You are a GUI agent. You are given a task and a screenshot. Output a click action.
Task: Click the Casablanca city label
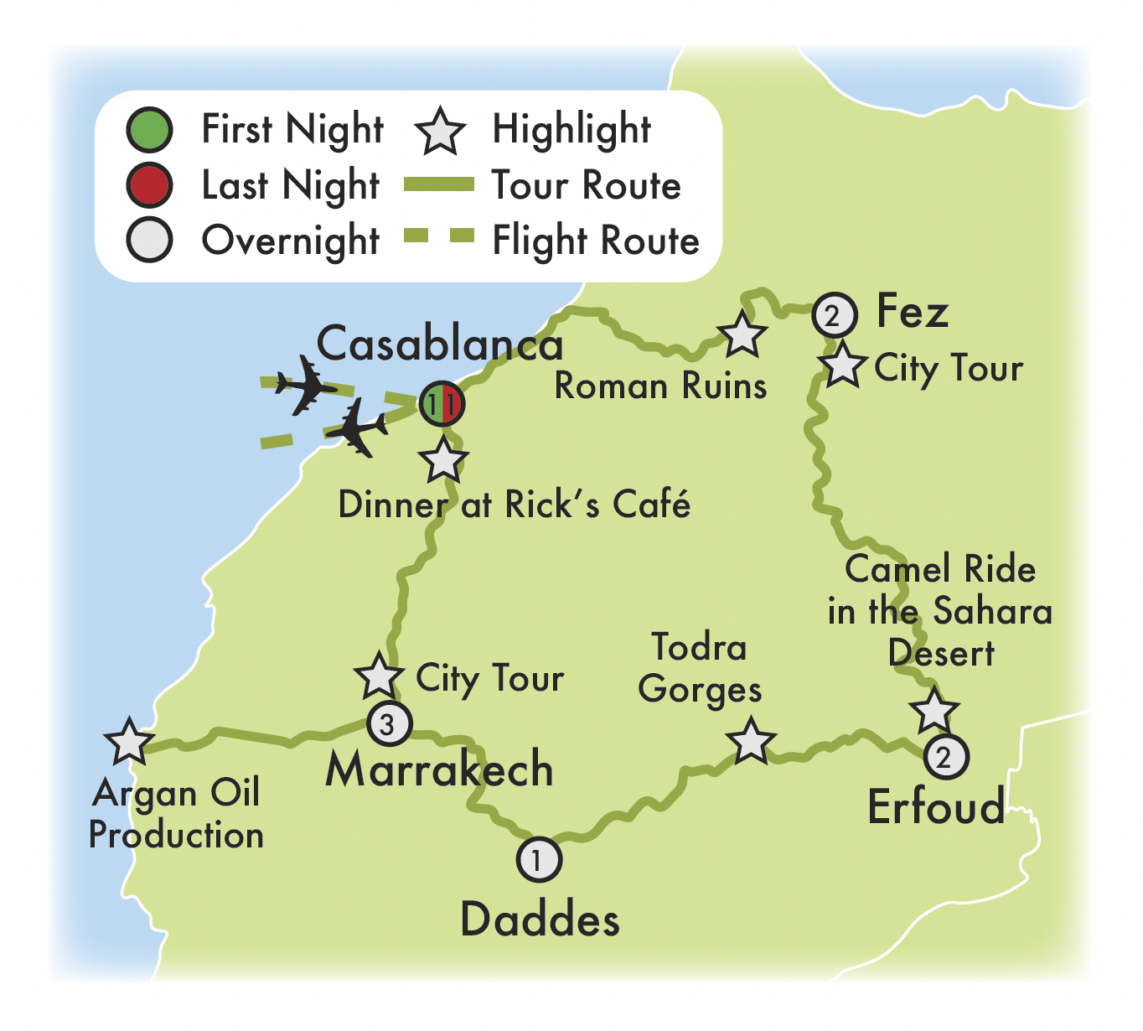[439, 345]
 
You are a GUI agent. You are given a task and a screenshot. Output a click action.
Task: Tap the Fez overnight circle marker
[834, 316]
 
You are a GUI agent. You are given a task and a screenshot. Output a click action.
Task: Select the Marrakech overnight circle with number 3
[389, 723]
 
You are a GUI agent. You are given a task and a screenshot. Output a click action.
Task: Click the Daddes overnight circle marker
[539, 859]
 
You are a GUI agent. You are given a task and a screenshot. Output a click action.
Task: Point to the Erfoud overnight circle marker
[945, 757]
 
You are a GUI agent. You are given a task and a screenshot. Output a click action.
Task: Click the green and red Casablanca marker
[441, 405]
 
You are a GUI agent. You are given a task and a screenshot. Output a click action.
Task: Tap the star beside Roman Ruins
[742, 334]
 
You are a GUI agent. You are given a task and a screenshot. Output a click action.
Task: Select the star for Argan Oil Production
[130, 742]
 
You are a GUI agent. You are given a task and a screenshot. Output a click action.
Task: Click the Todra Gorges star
[750, 741]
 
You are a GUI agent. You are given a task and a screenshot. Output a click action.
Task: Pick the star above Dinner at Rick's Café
[443, 460]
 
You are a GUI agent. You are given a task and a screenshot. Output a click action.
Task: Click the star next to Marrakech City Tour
[378, 676]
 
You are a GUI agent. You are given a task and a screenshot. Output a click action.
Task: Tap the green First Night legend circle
[149, 130]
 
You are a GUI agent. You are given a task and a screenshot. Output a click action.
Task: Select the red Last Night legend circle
[149, 185]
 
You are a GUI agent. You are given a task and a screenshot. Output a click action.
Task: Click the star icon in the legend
[441, 132]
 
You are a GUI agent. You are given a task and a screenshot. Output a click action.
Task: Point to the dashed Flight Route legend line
[439, 238]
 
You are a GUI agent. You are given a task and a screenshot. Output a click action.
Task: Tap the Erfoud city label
[936, 806]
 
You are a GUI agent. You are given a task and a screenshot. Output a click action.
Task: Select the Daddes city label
[540, 920]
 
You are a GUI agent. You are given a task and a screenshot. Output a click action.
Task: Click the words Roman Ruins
[660, 386]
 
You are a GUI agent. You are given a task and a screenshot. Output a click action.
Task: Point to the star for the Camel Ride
[934, 711]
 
